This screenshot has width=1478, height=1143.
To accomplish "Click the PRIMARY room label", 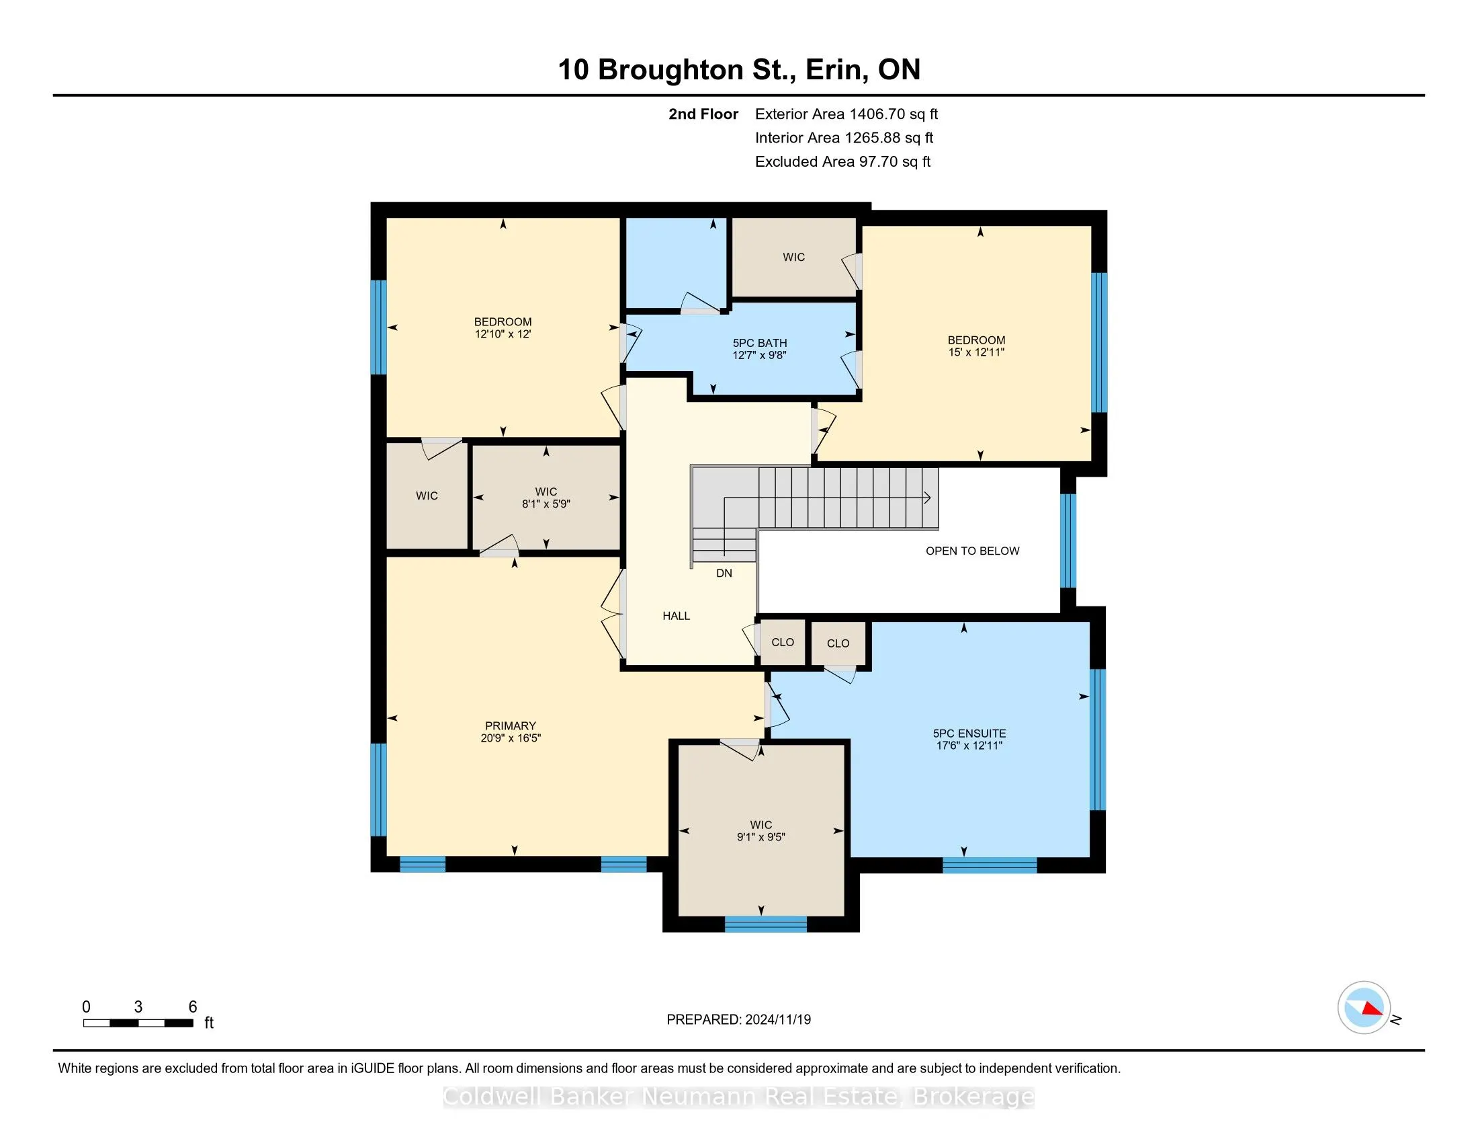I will [x=511, y=725].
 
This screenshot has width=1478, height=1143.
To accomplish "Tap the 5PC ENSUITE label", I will [x=969, y=734].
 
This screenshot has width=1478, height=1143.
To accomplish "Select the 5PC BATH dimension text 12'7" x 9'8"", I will [x=759, y=356].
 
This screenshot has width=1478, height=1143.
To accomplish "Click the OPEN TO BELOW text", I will [x=972, y=551].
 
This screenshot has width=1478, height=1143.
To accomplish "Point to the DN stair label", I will [x=724, y=573].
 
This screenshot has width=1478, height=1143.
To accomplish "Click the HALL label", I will [x=676, y=615].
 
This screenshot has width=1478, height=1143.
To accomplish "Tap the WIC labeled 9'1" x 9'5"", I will [x=760, y=831].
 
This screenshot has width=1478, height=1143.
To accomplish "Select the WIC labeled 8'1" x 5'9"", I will [x=546, y=498].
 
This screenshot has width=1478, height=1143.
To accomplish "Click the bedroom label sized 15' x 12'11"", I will [x=976, y=346].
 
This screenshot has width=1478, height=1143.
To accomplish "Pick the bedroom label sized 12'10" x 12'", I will [x=503, y=327].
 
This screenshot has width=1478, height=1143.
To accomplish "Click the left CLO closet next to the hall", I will [x=782, y=642].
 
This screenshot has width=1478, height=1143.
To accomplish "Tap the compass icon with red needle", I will [x=1364, y=1008].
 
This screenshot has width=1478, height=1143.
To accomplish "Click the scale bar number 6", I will [x=192, y=1007].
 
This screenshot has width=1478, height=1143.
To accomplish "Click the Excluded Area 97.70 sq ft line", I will [x=842, y=162].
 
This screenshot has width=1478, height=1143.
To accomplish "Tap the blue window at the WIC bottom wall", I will [x=765, y=924].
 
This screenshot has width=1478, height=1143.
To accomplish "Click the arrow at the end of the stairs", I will [x=928, y=498].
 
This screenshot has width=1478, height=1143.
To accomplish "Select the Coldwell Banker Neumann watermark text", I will [x=738, y=1097].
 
